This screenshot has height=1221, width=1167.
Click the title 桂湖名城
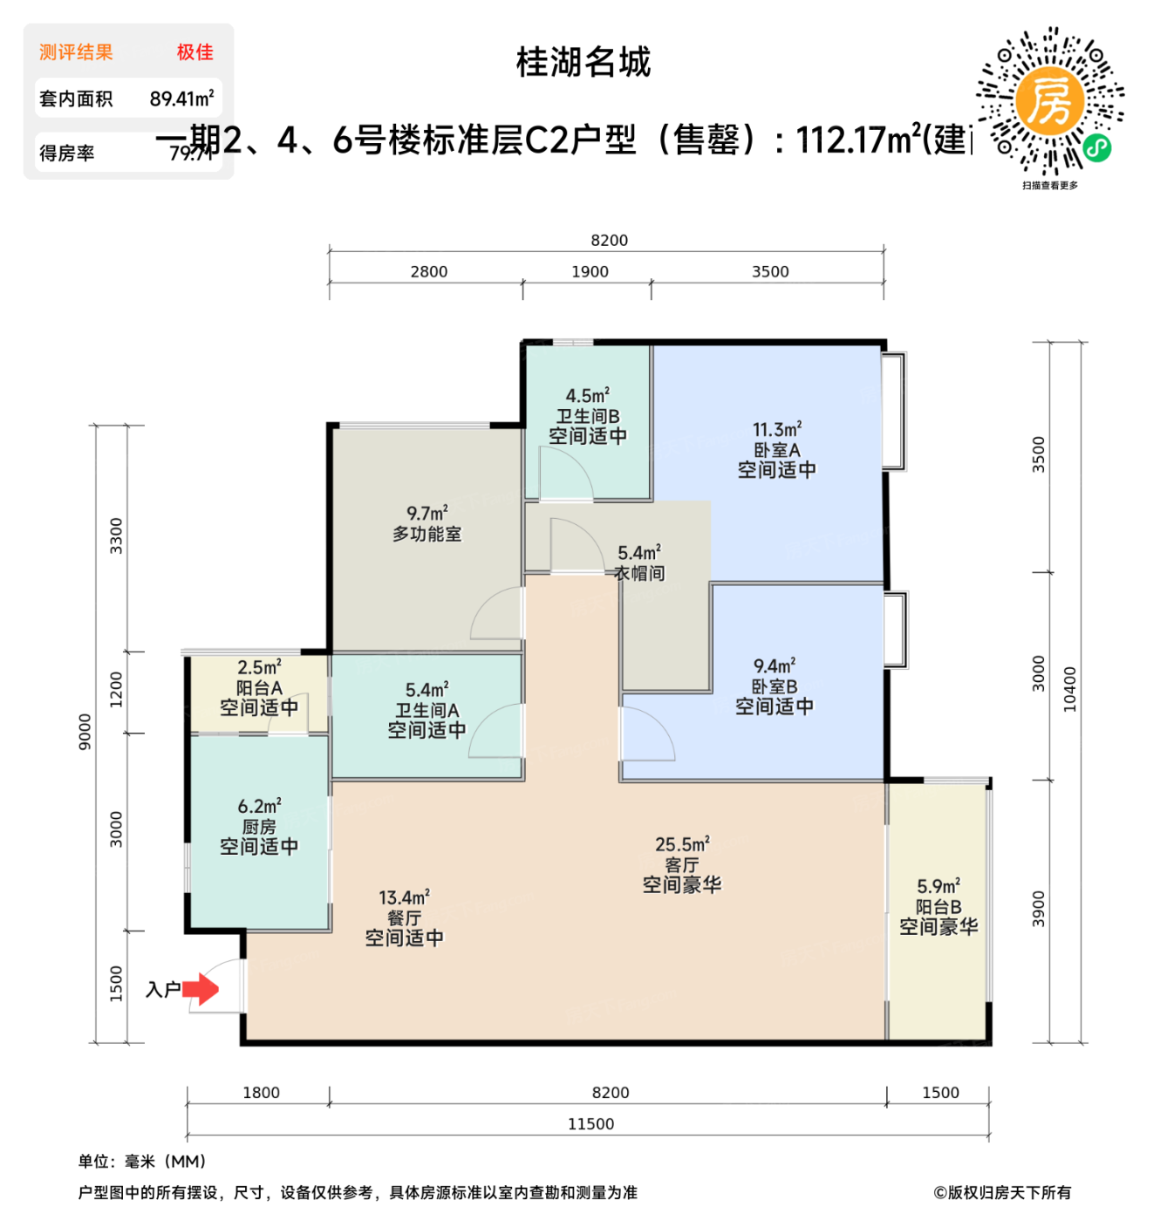tap(583, 63)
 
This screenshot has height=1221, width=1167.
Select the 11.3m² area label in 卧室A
tap(777, 430)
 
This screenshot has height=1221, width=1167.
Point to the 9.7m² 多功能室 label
tap(427, 523)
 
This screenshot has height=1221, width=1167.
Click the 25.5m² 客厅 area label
tap(682, 845)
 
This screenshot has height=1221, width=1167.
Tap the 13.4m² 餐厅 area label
tap(404, 898)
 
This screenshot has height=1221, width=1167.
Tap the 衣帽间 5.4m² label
tap(639, 563)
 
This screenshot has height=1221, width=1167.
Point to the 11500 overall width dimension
tap(590, 1124)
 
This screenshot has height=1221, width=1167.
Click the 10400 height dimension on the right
tap(1070, 689)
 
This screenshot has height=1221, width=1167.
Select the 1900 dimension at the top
tap(590, 272)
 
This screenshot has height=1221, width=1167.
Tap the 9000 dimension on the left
tap(85, 731)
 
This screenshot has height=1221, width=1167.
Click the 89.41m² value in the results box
tap(181, 99)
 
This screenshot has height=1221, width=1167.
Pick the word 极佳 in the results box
tap(194, 52)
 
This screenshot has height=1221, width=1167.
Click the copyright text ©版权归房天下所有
tap(1002, 1192)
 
